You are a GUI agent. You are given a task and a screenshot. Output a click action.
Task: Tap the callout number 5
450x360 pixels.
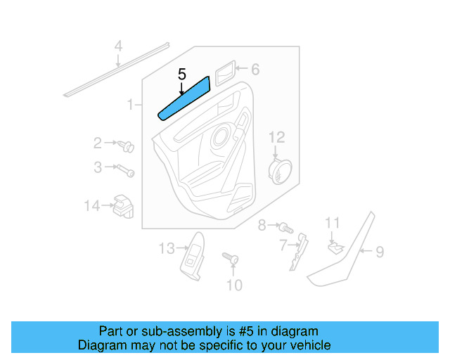pyautogui.click(x=182, y=74)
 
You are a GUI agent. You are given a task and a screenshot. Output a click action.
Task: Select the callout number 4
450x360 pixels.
pyautogui.click(x=119, y=47)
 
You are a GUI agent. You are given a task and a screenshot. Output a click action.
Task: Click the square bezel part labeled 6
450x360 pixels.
pyautogui.click(x=224, y=71)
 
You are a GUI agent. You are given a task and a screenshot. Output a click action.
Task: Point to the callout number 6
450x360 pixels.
pyautogui.click(x=255, y=69)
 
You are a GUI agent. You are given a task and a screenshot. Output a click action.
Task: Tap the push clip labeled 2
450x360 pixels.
pyautogui.click(x=127, y=146)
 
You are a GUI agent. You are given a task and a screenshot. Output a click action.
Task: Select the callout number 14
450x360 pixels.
pyautogui.click(x=92, y=206)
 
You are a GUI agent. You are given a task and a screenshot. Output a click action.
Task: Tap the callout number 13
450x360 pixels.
pyautogui.click(x=166, y=248)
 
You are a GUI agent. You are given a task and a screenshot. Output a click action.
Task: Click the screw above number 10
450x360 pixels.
pyautogui.click(x=230, y=259)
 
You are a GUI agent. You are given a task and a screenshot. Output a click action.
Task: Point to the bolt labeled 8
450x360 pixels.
pyautogui.click(x=284, y=227)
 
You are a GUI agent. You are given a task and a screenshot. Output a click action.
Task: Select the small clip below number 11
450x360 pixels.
pyautogui.click(x=335, y=247)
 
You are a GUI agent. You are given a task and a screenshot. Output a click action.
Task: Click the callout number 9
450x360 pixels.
pyautogui.click(x=379, y=251)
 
